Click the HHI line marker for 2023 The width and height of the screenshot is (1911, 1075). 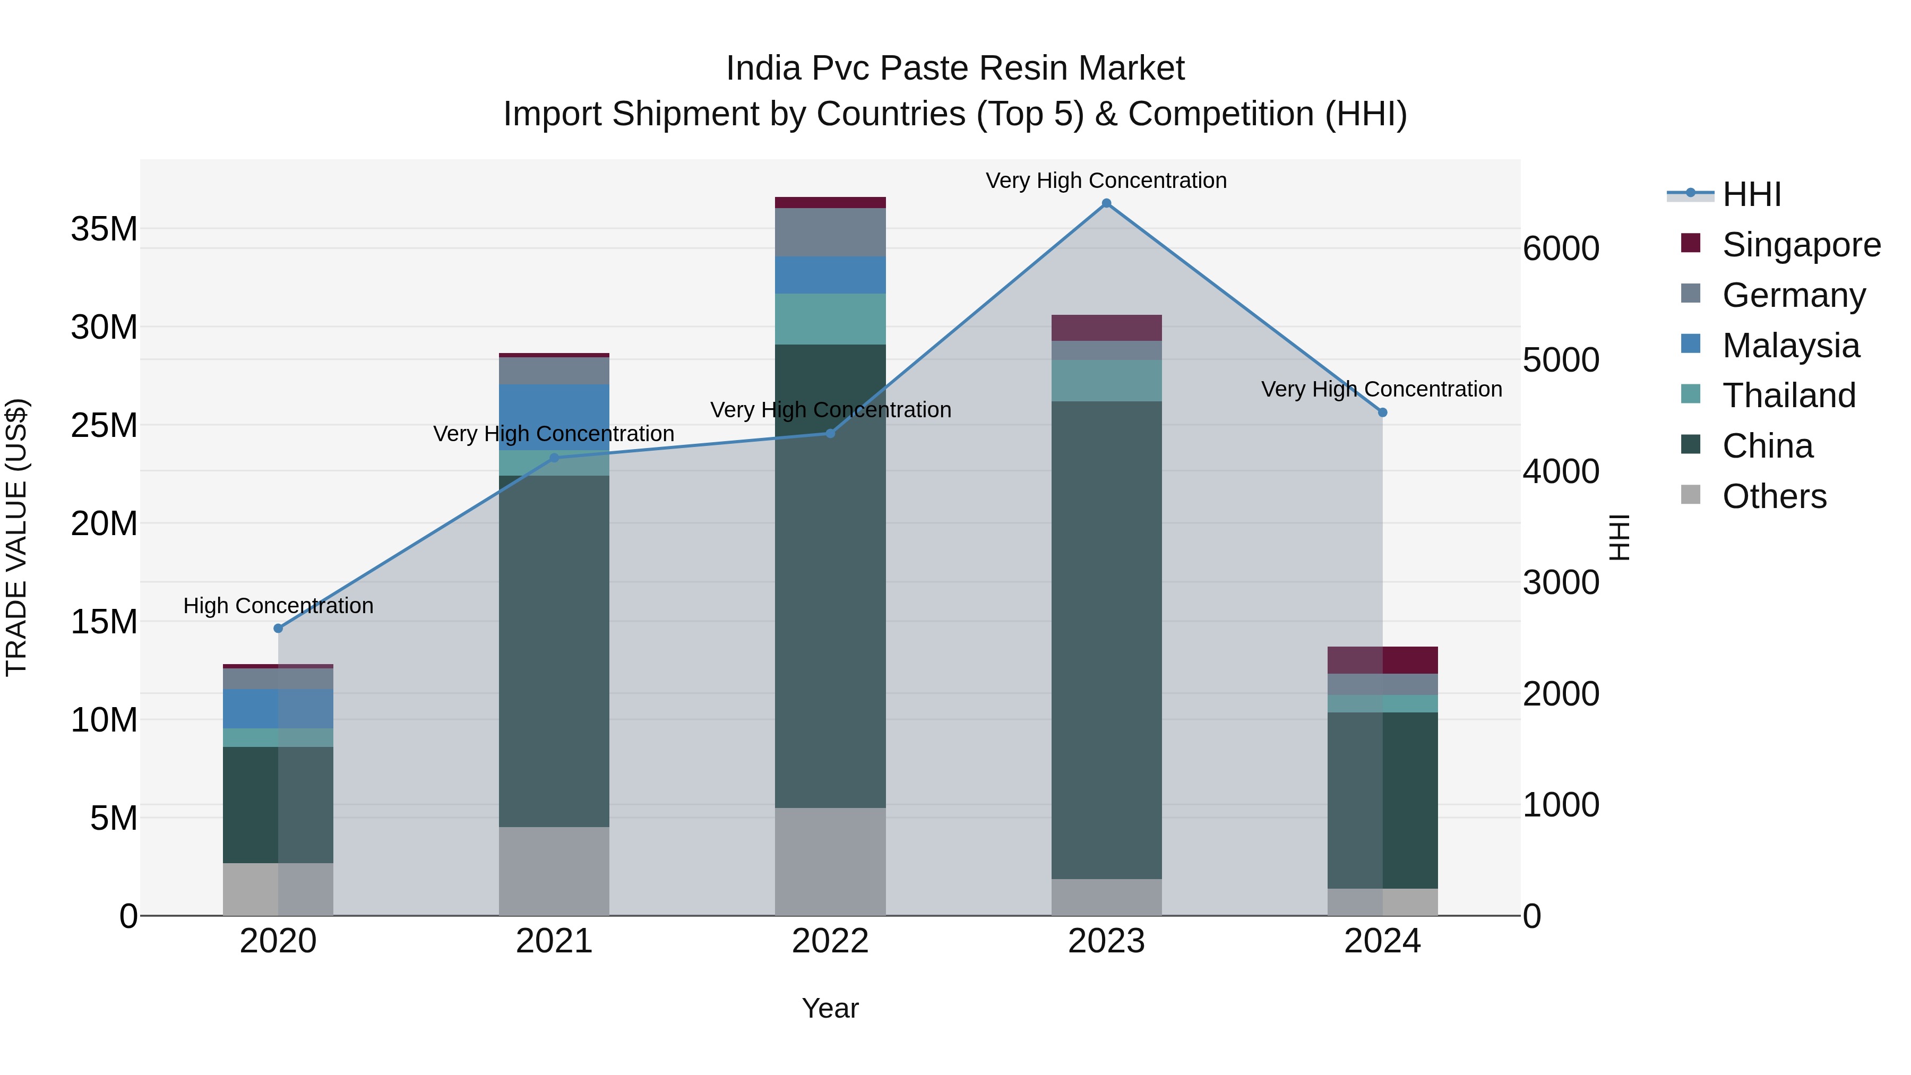pos(1106,203)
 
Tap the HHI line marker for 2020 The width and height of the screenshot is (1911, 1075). pos(278,629)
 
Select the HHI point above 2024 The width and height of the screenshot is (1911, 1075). pos(1382,412)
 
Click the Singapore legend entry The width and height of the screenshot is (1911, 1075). pos(1801,245)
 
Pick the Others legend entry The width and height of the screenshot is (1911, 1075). pos(1774,496)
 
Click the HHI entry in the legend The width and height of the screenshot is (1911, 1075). pos(1751,194)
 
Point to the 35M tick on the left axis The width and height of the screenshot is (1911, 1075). pos(104,229)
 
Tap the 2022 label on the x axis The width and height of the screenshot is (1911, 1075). pos(830,941)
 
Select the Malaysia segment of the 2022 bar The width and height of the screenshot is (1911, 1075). pos(830,275)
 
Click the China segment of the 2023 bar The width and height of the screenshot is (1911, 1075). pos(1106,638)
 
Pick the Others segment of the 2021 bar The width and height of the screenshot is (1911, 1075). pos(554,871)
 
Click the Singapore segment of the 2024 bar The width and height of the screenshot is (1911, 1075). pos(1382,660)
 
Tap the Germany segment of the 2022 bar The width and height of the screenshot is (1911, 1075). pos(830,232)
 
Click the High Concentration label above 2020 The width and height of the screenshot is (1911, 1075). pos(278,606)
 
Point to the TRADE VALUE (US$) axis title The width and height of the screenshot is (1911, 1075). pos(16,537)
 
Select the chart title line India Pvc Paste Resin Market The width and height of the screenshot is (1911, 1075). pos(955,68)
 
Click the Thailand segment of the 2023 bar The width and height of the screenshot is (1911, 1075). pos(1106,381)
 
